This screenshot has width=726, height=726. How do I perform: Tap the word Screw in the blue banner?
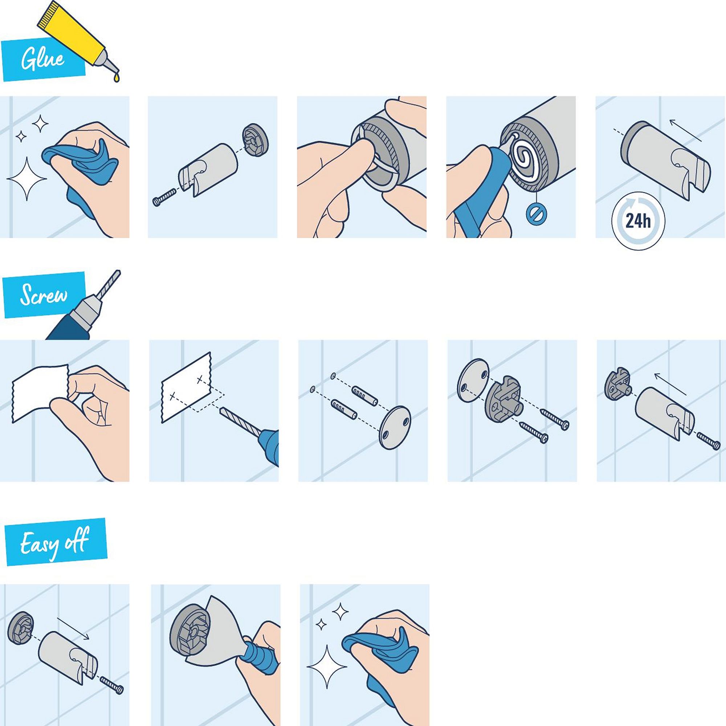point(44,295)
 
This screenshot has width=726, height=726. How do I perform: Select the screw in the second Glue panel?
point(164,197)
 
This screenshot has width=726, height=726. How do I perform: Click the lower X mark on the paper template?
point(172,396)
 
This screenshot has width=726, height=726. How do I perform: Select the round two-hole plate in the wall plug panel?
point(395,427)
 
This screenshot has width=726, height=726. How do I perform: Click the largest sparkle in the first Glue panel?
point(26,179)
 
